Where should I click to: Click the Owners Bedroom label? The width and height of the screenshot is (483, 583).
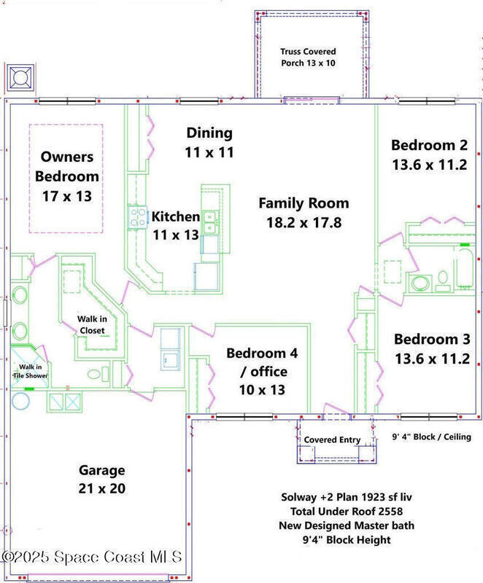pyautogui.click(x=67, y=176)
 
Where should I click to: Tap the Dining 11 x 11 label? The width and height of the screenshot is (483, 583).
pyautogui.click(x=209, y=142)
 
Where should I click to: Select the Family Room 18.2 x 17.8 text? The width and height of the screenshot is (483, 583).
pyautogui.click(x=304, y=213)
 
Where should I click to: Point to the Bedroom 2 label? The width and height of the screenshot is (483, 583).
pyautogui.click(x=430, y=154)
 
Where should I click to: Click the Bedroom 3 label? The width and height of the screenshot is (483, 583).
pyautogui.click(x=432, y=349)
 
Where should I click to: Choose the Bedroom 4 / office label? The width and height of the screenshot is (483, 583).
pyautogui.click(x=262, y=371)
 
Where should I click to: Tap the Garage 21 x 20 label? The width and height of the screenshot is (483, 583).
pyautogui.click(x=102, y=480)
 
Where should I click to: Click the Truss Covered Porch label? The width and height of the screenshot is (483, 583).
pyautogui.click(x=308, y=58)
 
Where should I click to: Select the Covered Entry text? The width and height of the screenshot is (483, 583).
pyautogui.click(x=332, y=440)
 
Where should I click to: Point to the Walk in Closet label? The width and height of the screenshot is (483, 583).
pyautogui.click(x=92, y=324)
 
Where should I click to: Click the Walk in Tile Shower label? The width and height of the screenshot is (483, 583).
pyautogui.click(x=31, y=371)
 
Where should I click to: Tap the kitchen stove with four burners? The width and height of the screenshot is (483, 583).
pyautogui.click(x=137, y=217)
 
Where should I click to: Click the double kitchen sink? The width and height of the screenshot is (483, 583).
pyautogui.click(x=210, y=222)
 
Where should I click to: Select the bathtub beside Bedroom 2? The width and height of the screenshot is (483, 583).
pyautogui.click(x=464, y=267)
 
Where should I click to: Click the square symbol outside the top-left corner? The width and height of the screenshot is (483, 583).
pyautogui.click(x=20, y=78)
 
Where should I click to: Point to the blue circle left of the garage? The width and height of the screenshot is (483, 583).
pyautogui.click(x=20, y=401)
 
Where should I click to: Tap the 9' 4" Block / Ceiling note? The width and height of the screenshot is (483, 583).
pyautogui.click(x=432, y=437)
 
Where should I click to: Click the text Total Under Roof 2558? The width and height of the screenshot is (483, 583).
pyautogui.click(x=347, y=512)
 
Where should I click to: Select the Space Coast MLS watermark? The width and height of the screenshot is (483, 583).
pyautogui.click(x=91, y=557)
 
